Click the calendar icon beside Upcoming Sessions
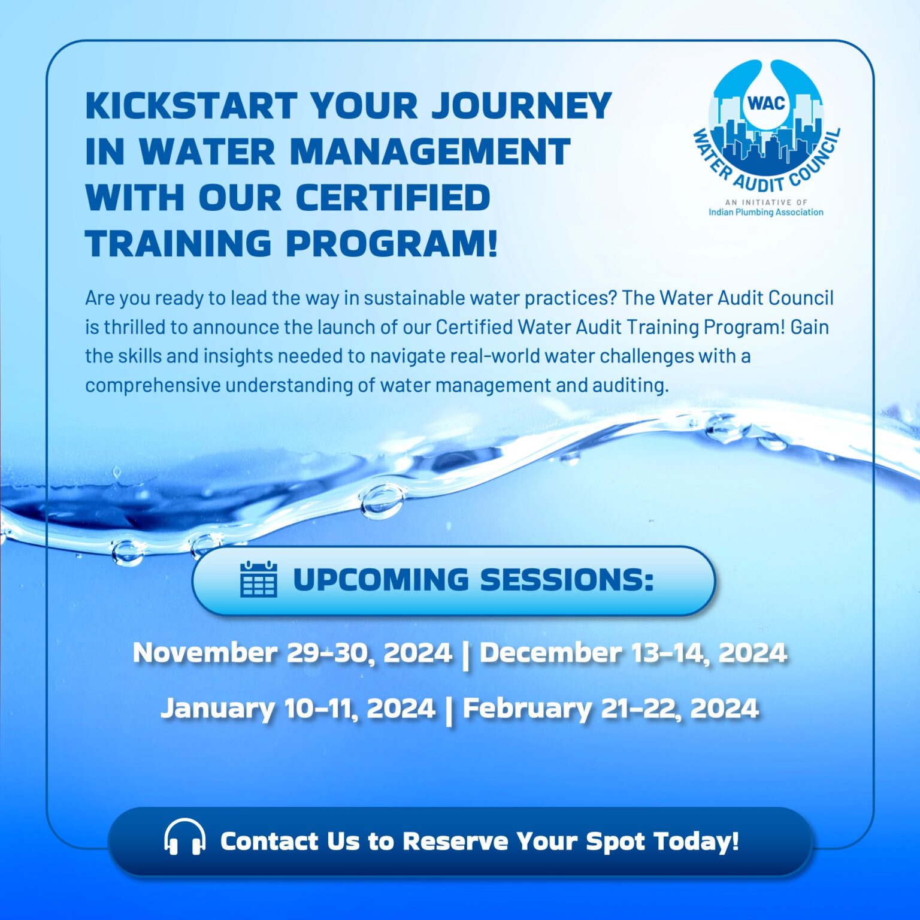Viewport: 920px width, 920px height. (x=258, y=579)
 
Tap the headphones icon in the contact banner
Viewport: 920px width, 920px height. (x=184, y=837)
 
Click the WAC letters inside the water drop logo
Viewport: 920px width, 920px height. (x=765, y=102)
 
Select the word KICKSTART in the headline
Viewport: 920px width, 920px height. (x=191, y=106)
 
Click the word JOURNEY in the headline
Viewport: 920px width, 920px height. (x=521, y=106)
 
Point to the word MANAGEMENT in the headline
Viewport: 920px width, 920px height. (x=430, y=152)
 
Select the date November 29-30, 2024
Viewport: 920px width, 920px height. (x=292, y=652)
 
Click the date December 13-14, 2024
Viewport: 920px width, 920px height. (x=633, y=652)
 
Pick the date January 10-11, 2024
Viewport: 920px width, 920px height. (x=298, y=708)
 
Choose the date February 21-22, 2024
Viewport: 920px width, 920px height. (x=610, y=708)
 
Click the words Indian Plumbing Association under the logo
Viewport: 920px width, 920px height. (x=765, y=212)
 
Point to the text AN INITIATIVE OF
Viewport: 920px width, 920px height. (x=765, y=202)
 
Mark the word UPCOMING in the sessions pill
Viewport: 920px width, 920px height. (x=380, y=579)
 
